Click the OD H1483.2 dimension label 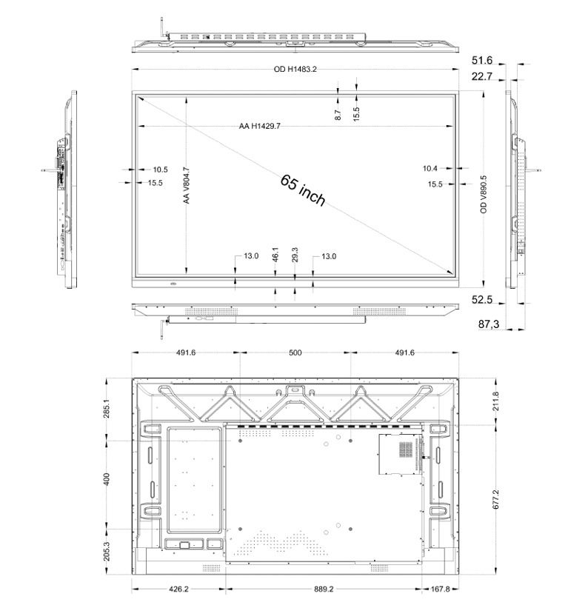click(x=295, y=70)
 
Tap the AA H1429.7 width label click(x=259, y=126)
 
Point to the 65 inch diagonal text click(x=303, y=190)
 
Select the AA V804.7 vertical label click(x=187, y=185)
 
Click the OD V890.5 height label click(x=484, y=194)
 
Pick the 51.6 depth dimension click(x=481, y=61)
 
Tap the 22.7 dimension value click(x=481, y=76)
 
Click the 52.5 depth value click(x=481, y=300)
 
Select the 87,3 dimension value click(x=488, y=324)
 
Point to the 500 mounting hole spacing click(x=295, y=353)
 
